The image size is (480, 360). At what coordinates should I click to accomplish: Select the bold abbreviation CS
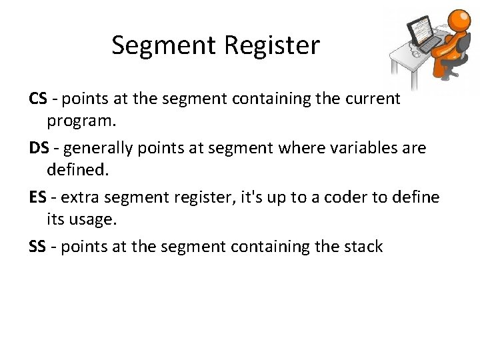coord(37,99)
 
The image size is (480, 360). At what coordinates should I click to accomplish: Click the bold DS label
coord(38,148)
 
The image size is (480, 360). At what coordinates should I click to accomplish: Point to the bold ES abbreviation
coord(37,197)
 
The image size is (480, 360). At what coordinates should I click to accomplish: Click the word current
coord(372,99)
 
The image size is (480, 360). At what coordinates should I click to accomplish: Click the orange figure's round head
coord(459,20)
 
